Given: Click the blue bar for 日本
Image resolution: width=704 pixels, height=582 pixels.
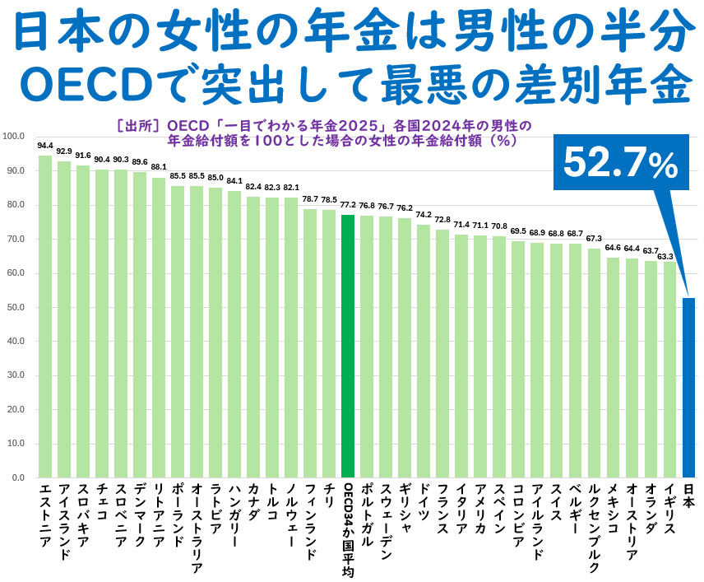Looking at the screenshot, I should (x=689, y=387).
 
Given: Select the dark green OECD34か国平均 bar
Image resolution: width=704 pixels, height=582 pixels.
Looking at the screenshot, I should (x=348, y=346).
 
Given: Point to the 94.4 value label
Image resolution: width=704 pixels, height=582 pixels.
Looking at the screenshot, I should (x=45, y=145).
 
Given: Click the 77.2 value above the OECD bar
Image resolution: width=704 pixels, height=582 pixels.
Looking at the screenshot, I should (x=348, y=205).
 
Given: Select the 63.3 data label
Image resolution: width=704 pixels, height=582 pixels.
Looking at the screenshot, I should (x=670, y=256).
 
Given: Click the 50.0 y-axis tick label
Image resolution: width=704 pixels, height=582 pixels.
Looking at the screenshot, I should (x=16, y=307).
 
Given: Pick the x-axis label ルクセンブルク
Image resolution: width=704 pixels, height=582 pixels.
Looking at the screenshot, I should (x=595, y=527).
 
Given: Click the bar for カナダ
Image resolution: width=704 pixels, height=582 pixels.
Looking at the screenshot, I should (x=253, y=338).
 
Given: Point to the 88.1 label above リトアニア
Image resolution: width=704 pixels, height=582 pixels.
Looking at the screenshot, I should (x=159, y=166).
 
